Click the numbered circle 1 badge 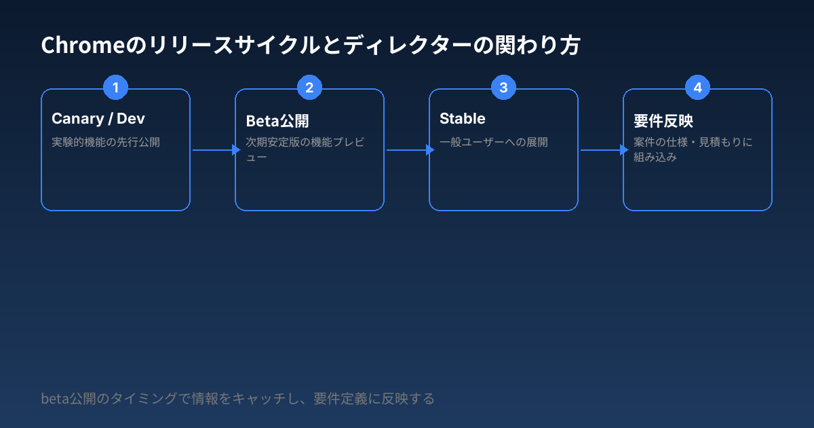(115, 88)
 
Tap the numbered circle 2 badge (309, 88)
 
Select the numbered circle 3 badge (503, 88)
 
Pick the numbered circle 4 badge (697, 88)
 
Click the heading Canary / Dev (98, 119)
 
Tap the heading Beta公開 (277, 122)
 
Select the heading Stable (463, 119)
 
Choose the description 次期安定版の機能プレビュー (305, 149)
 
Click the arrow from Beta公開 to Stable (407, 150)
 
